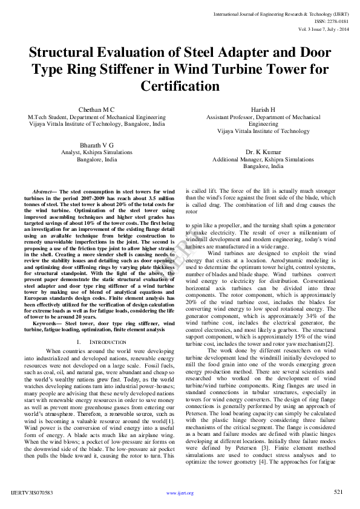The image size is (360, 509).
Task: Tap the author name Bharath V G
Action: point(96,145)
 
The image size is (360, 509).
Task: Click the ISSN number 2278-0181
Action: point(336,21)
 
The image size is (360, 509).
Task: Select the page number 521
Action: point(338,493)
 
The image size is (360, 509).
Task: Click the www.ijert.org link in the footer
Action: point(180,493)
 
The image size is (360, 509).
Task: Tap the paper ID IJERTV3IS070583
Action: point(31,493)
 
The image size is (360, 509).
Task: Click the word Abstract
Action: point(43,192)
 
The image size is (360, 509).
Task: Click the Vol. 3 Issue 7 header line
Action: point(324,28)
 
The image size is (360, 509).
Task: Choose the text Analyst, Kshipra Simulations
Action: point(97,153)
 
